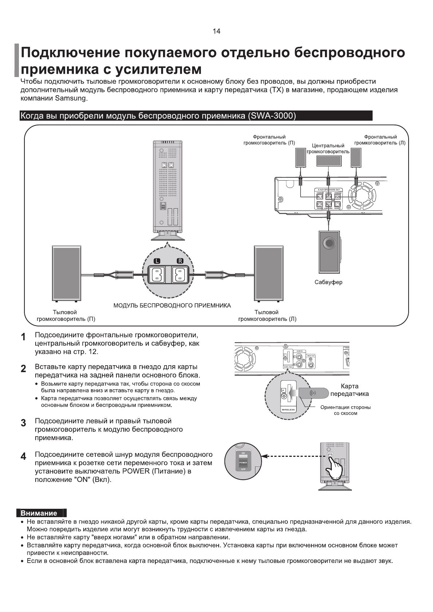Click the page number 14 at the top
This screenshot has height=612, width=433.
216,31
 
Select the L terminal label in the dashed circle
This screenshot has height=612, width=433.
156,261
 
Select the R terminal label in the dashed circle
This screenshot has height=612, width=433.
180,261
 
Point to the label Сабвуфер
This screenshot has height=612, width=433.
328,282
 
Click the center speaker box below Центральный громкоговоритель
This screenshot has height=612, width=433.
329,160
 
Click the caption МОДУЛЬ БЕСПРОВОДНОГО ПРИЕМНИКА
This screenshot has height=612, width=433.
172,306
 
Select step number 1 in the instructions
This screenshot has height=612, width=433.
23,337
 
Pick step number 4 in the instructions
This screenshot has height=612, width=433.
23,456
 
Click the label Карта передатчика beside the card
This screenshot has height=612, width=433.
349,390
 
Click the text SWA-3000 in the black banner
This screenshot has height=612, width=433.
271,116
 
